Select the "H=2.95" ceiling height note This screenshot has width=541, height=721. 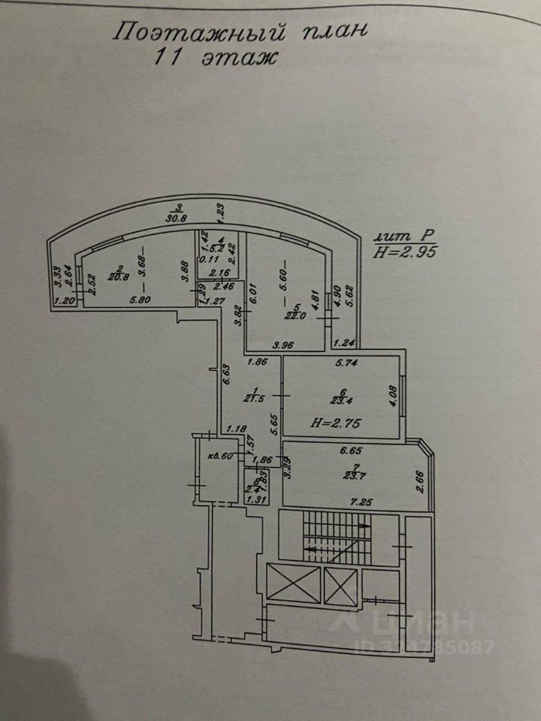406,252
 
